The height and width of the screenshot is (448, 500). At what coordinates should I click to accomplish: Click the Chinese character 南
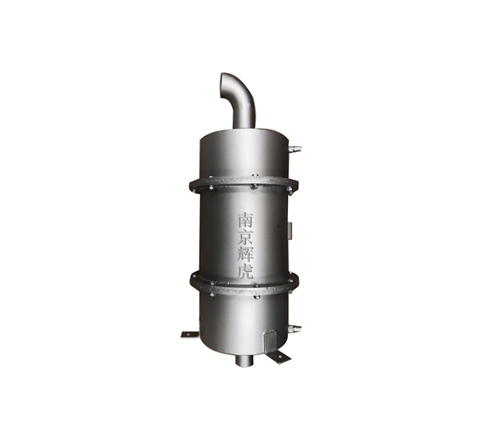(245, 220)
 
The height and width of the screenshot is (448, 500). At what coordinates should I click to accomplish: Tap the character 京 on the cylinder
(245, 237)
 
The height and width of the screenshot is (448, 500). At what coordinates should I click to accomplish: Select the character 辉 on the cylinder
(245, 254)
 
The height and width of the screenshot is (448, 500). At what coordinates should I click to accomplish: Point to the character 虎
(245, 271)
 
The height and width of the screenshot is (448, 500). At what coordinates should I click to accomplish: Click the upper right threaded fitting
(295, 148)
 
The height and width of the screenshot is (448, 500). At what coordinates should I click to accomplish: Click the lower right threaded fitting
(295, 329)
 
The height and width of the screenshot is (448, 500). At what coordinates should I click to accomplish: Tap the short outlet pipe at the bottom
(244, 360)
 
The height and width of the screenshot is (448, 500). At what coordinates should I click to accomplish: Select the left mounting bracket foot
(190, 335)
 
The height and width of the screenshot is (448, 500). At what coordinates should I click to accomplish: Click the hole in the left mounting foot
(187, 335)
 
